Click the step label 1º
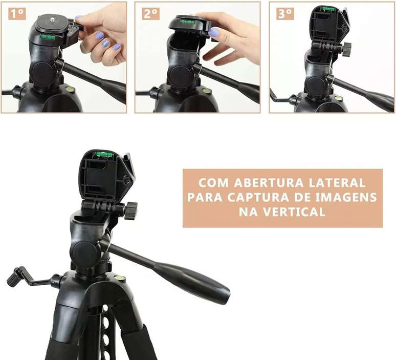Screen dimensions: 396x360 click(x=17, y=14)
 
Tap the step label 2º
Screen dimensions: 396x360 click(x=151, y=14)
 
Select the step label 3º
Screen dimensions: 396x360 click(x=285, y=14)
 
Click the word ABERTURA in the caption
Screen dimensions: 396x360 click(x=269, y=183)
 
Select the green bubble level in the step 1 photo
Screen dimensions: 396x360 click(x=48, y=37)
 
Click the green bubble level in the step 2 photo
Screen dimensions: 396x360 click(x=188, y=22)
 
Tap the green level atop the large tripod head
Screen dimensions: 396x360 click(x=103, y=154)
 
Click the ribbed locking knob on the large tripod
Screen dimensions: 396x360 click(x=130, y=210)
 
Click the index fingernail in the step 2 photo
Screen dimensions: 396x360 click(x=213, y=32)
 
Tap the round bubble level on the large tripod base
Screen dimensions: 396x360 click(x=118, y=278)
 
